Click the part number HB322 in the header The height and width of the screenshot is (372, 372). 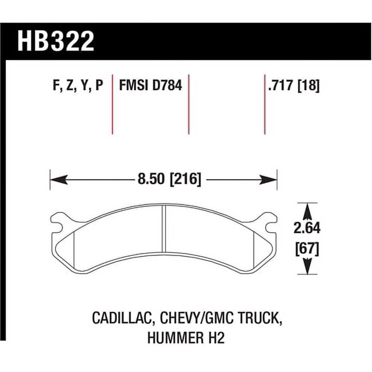[56, 42]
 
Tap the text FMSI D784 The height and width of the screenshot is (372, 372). [150, 86]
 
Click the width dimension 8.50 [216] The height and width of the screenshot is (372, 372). [169, 180]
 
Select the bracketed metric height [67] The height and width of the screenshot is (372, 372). [307, 248]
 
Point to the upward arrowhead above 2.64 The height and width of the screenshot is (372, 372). [307, 212]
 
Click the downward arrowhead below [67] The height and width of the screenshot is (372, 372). [307, 266]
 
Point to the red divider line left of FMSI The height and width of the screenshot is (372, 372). [112, 104]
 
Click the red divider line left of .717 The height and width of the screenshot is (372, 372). [264, 104]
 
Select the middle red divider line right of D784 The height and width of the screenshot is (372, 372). [189, 104]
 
